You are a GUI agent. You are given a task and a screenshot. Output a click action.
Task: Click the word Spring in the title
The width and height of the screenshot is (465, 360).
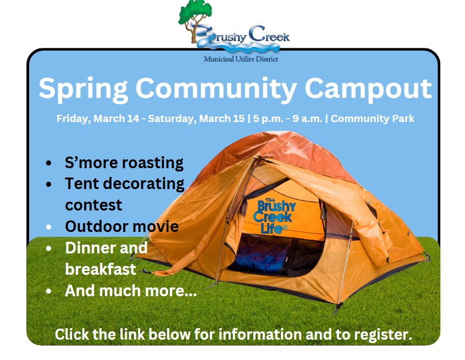[x=84, y=89]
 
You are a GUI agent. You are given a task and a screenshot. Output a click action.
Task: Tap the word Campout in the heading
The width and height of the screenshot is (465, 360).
[x=368, y=89]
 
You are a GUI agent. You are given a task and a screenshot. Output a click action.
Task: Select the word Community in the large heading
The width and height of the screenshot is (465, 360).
[x=216, y=89]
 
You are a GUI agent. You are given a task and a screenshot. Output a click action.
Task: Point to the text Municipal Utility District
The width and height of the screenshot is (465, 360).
[x=241, y=59]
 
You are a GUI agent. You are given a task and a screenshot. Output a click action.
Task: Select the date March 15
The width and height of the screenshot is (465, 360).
[x=222, y=119]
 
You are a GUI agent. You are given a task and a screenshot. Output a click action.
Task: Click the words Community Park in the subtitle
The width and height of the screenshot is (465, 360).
[x=373, y=119]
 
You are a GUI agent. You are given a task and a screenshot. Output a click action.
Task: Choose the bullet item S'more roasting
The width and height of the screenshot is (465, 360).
[x=124, y=163]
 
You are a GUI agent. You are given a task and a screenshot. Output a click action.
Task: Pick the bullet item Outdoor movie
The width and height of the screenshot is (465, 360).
[x=121, y=226]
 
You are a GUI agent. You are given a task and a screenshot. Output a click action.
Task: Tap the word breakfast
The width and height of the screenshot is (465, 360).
[x=100, y=269]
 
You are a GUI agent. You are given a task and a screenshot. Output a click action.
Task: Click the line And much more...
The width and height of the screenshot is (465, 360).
[x=131, y=291]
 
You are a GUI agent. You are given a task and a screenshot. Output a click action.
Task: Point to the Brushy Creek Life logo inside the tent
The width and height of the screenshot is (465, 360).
[x=274, y=216]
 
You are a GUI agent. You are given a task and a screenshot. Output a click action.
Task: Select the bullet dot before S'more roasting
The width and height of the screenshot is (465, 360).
[x=49, y=163]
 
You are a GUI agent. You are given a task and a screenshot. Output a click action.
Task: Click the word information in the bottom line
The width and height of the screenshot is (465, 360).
[x=260, y=334]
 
